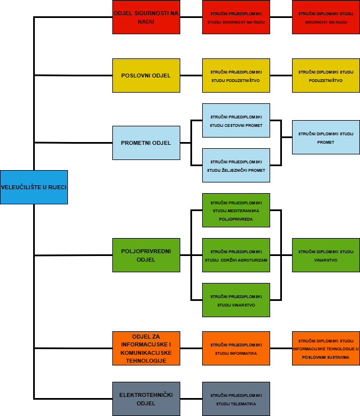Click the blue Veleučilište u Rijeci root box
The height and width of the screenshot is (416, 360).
click(34, 187)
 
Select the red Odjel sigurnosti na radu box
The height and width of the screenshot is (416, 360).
click(146, 17)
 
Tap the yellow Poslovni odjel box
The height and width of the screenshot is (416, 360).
click(146, 75)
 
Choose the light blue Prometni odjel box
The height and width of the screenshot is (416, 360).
click(146, 143)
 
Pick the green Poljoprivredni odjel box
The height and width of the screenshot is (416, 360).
click(146, 255)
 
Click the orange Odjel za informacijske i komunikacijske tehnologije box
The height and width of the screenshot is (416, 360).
click(146, 348)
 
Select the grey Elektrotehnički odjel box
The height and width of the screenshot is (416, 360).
click(146, 399)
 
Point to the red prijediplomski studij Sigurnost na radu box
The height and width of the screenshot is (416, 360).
click(236, 17)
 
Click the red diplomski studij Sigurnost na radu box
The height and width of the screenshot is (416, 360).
click(326, 17)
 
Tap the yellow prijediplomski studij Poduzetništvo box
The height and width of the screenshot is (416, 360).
click(236, 75)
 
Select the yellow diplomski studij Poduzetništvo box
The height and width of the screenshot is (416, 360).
click(326, 75)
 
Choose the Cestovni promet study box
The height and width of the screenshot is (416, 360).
click(236, 120)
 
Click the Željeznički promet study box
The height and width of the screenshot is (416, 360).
click(236, 165)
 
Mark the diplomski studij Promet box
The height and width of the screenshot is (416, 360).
click(326, 137)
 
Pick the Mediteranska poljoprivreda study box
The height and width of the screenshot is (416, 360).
click(236, 210)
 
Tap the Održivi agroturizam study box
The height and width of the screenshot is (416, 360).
click(236, 255)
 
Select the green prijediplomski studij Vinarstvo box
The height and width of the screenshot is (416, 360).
click(236, 300)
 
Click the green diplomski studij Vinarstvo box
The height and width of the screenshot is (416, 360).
click(326, 255)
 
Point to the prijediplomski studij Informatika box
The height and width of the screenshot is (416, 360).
click(236, 348)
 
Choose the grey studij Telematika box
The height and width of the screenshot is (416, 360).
click(236, 399)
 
